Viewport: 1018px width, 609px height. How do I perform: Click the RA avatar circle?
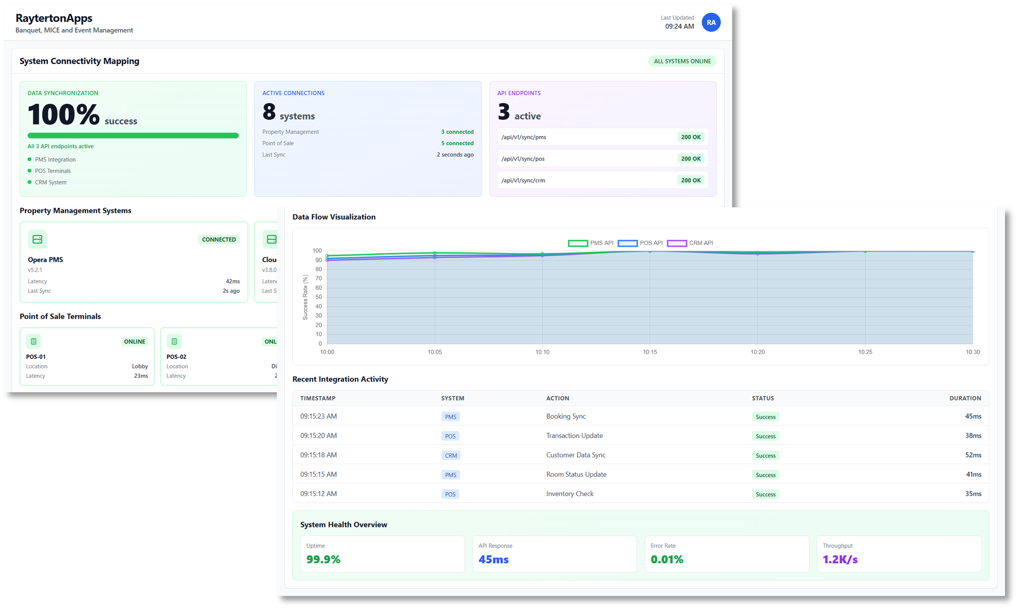point(711,22)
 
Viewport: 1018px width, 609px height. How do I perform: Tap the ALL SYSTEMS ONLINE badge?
point(682,61)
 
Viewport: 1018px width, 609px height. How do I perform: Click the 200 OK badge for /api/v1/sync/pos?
point(690,159)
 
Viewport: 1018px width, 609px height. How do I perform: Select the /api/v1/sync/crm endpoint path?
point(523,180)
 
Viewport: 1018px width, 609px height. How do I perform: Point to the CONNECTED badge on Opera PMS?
point(219,240)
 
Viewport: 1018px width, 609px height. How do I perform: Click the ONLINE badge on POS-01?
point(134,342)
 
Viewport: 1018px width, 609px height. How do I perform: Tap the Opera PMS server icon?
point(37,239)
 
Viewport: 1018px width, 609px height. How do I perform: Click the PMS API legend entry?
point(591,243)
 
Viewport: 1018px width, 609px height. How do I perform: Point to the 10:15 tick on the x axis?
point(650,352)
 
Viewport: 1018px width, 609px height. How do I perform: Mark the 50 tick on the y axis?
point(318,297)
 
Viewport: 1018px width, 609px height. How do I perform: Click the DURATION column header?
point(965,399)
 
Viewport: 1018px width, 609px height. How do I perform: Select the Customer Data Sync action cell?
point(576,455)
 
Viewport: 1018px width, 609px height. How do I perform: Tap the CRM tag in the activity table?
point(451,456)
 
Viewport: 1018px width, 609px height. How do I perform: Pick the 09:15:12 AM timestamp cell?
point(318,494)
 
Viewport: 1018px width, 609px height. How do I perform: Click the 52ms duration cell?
point(973,455)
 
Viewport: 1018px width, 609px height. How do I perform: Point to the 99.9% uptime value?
point(323,560)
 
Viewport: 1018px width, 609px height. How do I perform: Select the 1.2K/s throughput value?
point(840,560)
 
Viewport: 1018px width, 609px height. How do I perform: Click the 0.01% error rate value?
point(667,560)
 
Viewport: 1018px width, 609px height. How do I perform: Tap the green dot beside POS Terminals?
point(30,171)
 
